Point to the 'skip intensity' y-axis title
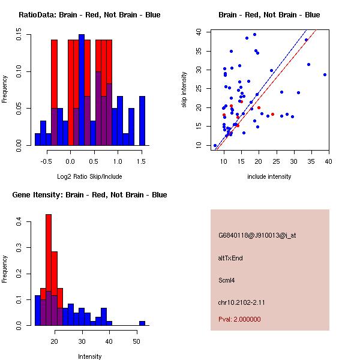tap(185, 90)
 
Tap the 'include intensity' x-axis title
tap(269, 176)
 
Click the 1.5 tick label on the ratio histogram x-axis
tap(141, 161)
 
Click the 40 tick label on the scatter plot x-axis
tap(328, 161)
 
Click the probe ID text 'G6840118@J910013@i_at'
tap(257, 236)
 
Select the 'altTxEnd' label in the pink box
tap(231, 258)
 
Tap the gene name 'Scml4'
tap(227, 280)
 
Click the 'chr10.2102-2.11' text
tap(242, 302)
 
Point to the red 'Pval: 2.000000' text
tap(240, 319)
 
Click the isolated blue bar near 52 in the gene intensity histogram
tap(142, 323)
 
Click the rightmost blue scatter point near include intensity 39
tap(325, 75)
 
